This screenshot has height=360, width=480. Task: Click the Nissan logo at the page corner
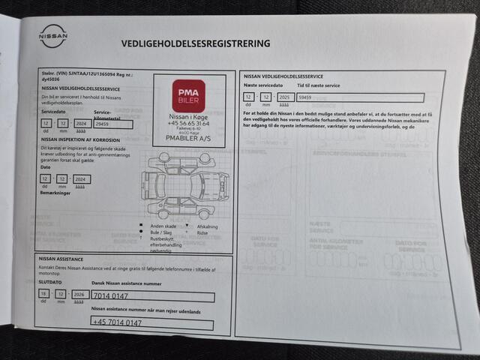tap(52, 35)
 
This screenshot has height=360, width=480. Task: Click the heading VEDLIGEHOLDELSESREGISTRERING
tap(196, 43)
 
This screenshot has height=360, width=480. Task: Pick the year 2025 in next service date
tap(284, 97)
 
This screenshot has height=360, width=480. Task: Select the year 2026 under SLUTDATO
tap(78, 295)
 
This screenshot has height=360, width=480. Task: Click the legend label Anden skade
tap(163, 226)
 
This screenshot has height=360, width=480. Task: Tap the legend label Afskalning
tap(208, 226)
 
